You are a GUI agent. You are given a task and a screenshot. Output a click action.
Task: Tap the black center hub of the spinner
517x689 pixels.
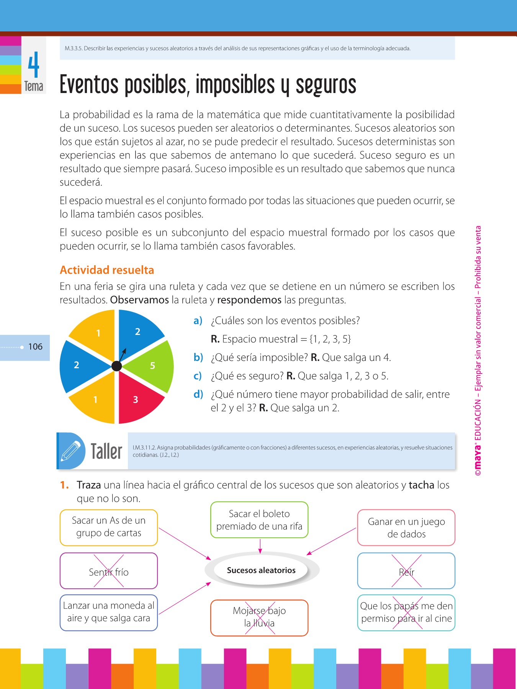[116, 366]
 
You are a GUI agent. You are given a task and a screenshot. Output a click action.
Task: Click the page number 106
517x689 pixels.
[35, 347]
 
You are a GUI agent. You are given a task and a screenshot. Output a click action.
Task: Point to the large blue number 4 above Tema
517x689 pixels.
[34, 65]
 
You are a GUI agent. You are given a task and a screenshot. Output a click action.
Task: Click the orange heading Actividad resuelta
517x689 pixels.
[107, 270]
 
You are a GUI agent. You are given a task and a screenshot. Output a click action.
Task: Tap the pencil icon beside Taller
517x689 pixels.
[70, 451]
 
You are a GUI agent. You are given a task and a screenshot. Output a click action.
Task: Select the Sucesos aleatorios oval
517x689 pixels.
[261, 570]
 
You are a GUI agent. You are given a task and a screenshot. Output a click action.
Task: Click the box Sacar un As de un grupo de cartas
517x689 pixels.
[109, 527]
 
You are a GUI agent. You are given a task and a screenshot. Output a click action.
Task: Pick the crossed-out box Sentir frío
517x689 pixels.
[109, 571]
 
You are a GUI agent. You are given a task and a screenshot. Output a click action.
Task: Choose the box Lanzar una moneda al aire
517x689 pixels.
[109, 612]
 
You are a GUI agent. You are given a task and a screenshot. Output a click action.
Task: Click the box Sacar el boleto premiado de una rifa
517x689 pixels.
[259, 520]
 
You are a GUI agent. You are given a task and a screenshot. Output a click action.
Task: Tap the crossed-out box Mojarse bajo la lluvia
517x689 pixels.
[259, 617]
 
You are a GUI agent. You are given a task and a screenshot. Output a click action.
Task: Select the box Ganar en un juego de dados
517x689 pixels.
[406, 527]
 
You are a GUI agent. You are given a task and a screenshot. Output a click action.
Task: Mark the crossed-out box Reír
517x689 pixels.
[406, 571]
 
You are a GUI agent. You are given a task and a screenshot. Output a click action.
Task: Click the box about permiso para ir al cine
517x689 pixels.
[406, 612]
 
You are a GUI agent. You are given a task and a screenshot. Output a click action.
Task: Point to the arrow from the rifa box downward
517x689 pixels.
[260, 546]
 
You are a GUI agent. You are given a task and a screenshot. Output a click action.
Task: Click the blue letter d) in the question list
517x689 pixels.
[198, 394]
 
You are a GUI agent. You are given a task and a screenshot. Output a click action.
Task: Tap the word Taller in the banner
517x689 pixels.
[106, 451]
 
